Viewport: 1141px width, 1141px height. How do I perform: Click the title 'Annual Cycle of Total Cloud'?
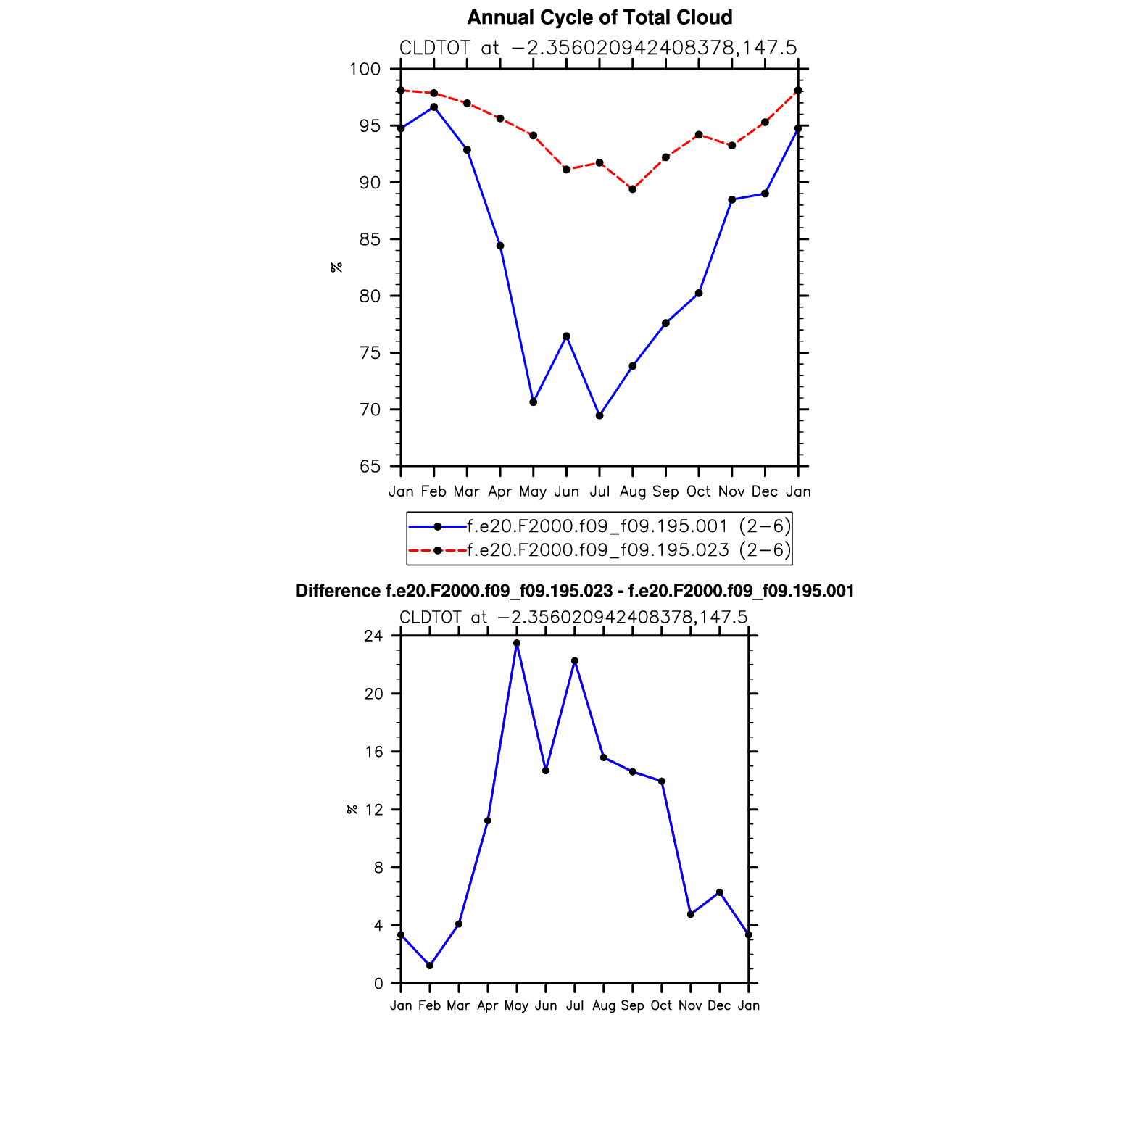(599, 17)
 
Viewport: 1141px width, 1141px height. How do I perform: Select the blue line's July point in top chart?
(599, 415)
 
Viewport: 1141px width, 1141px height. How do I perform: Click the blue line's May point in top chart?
(534, 402)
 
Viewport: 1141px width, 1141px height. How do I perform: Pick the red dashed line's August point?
(633, 189)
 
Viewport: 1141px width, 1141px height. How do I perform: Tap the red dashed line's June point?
(566, 170)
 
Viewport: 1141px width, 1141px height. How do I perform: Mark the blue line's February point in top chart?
(433, 107)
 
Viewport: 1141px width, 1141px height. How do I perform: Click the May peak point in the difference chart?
(517, 643)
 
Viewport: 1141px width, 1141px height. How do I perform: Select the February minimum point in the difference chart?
(430, 966)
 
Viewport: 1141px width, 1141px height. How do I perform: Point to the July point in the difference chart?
(575, 660)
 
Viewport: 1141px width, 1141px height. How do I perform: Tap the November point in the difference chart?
(691, 914)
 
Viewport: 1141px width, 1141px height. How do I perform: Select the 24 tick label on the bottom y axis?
(373, 636)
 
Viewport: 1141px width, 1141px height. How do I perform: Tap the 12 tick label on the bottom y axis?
(373, 810)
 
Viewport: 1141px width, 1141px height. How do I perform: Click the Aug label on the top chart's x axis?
(633, 491)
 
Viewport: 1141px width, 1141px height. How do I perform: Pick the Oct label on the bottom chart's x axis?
(662, 1005)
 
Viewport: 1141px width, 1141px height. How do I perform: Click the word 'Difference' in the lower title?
(338, 592)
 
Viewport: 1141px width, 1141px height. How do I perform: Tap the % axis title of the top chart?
(336, 267)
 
